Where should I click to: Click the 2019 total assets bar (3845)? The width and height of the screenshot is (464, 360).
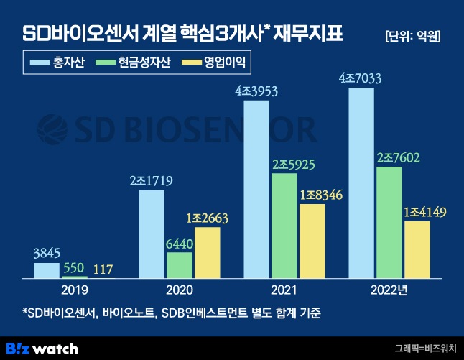click(x=47, y=270)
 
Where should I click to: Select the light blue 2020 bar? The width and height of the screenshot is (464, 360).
click(x=152, y=234)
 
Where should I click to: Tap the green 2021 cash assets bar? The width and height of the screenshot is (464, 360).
click(x=284, y=225)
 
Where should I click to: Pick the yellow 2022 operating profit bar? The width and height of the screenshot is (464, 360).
click(x=417, y=249)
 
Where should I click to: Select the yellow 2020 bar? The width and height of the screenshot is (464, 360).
click(x=207, y=252)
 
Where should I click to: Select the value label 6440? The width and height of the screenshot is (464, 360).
click(x=180, y=244)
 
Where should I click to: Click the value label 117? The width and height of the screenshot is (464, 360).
click(x=102, y=269)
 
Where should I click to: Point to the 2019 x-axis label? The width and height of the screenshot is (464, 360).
click(x=74, y=290)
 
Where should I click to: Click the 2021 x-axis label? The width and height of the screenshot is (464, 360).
click(x=284, y=290)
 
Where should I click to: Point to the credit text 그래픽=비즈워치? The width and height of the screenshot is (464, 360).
click(x=424, y=349)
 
